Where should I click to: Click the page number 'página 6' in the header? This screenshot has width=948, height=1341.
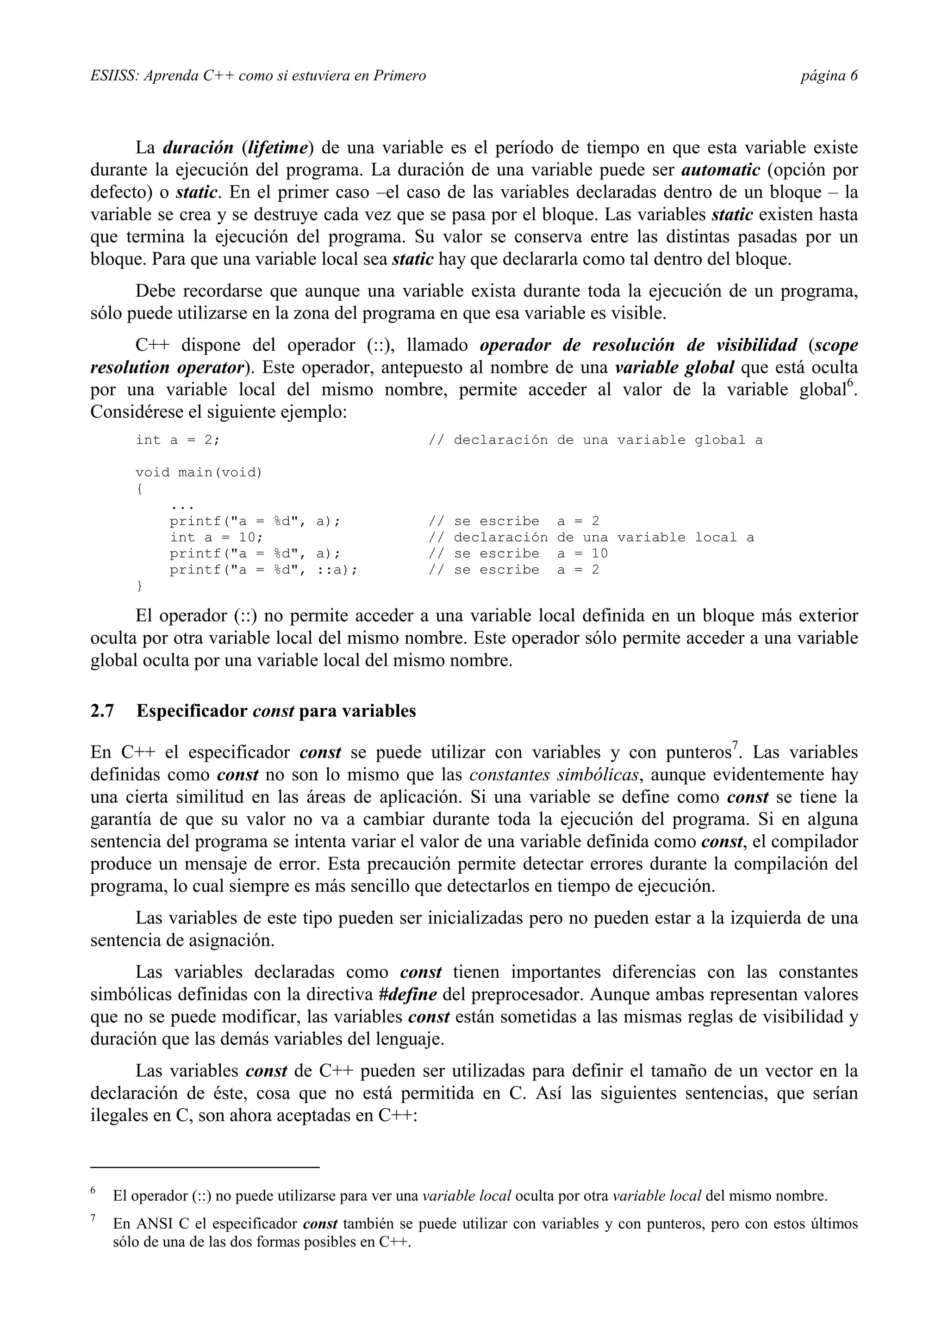829,76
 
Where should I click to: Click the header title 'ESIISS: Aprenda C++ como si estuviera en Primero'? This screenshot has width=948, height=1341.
258,76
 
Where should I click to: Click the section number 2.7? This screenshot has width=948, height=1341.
102,711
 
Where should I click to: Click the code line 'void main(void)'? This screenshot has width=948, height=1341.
199,472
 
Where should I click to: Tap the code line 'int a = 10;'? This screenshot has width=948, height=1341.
216,537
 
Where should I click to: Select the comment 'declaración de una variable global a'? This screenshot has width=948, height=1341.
607,440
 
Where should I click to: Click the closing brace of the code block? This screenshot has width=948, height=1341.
139,585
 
